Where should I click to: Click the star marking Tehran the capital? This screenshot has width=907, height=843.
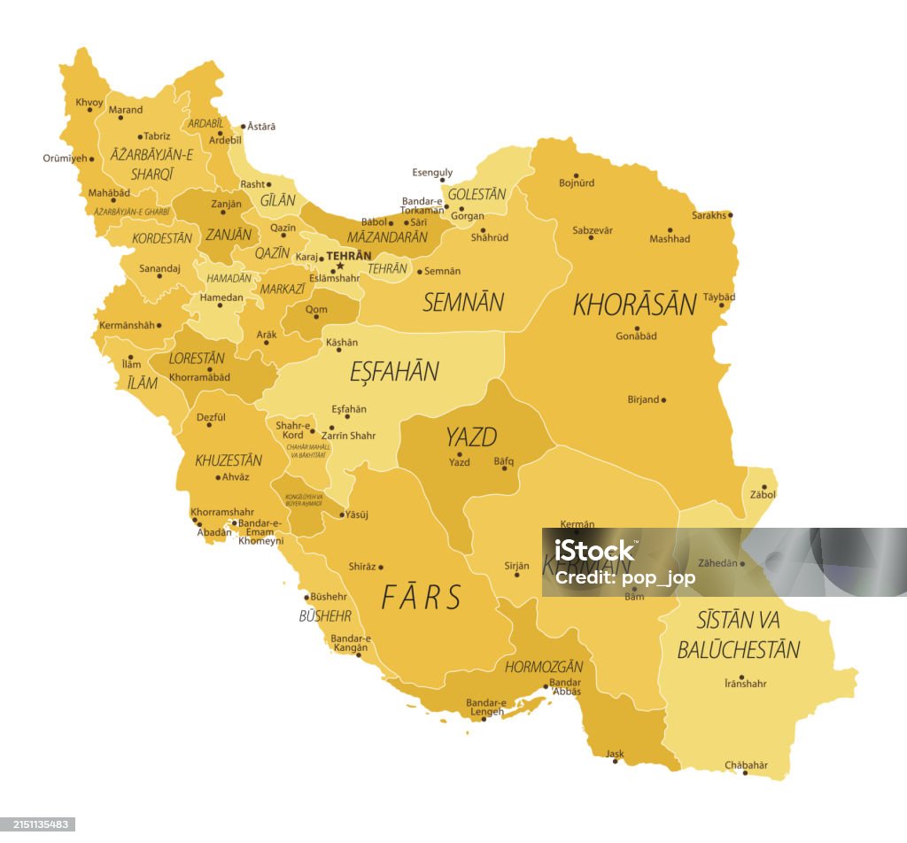click(339, 266)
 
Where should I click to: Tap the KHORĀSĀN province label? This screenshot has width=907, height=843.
click(634, 304)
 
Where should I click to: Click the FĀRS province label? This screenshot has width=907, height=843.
click(422, 598)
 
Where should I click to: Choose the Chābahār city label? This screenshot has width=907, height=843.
click(746, 764)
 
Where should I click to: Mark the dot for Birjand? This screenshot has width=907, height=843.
click(663, 399)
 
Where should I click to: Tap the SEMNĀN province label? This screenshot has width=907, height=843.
click(462, 302)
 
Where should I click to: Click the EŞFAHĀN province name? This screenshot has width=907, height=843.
click(394, 372)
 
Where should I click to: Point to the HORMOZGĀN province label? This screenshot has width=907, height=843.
click(544, 667)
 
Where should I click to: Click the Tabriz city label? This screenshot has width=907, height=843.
click(156, 135)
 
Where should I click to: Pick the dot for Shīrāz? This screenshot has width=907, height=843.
click(381, 567)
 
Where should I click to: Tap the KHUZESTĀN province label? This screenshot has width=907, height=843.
click(229, 460)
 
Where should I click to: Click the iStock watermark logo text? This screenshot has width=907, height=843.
click(594, 551)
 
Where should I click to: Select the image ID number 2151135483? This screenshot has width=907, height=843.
click(37, 824)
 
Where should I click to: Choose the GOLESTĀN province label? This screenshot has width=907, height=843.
click(477, 194)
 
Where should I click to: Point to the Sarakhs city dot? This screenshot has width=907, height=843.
click(731, 215)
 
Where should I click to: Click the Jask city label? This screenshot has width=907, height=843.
click(615, 754)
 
